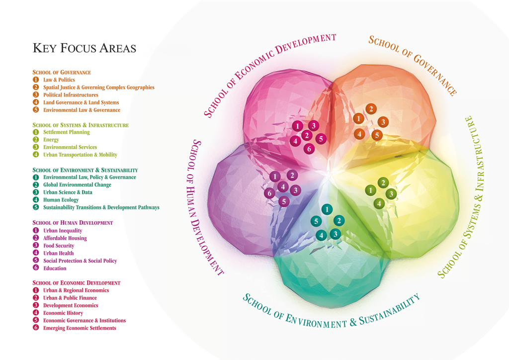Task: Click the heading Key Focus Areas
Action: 84,48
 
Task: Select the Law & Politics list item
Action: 59,80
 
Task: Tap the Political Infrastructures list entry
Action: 71,95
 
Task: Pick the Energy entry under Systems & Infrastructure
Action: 51,140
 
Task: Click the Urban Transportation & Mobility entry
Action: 80,155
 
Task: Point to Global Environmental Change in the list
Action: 77,185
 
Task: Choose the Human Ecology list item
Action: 61,200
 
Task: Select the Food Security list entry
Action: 58,246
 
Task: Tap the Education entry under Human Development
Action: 54,269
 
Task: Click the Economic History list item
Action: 63,313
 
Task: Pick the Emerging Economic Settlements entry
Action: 80,328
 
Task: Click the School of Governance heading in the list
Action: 62,72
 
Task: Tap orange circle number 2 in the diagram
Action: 371,108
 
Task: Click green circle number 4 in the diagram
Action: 379,203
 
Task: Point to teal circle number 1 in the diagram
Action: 327,209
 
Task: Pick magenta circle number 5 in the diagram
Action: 321,139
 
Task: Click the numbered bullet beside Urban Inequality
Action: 36,231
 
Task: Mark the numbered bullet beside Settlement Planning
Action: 36,132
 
